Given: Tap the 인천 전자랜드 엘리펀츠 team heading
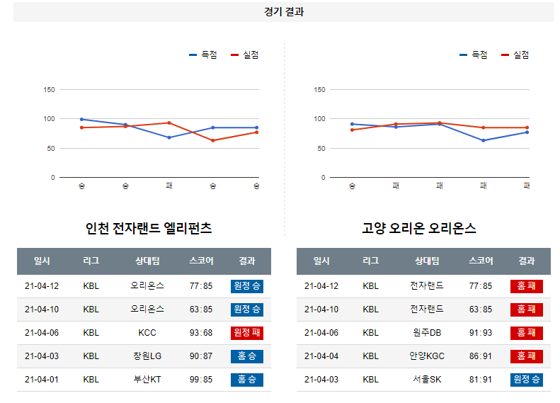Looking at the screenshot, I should coord(149,228).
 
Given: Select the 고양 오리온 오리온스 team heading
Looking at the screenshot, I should coord(418,228).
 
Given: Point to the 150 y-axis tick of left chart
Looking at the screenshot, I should coord(49,90).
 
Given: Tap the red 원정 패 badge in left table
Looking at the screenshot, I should coord(246,333).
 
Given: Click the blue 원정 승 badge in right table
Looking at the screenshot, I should coord(526,380).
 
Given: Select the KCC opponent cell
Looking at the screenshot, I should coord(147,333).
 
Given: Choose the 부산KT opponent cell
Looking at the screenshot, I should coord(147,380).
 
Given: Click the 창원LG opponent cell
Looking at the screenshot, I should coord(147,356).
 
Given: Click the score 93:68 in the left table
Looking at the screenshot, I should coord(201,333).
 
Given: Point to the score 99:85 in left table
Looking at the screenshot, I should coord(201,380).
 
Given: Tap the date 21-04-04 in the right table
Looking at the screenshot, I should coord(321,356).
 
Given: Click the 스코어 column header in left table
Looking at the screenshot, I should coord(201,261).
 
